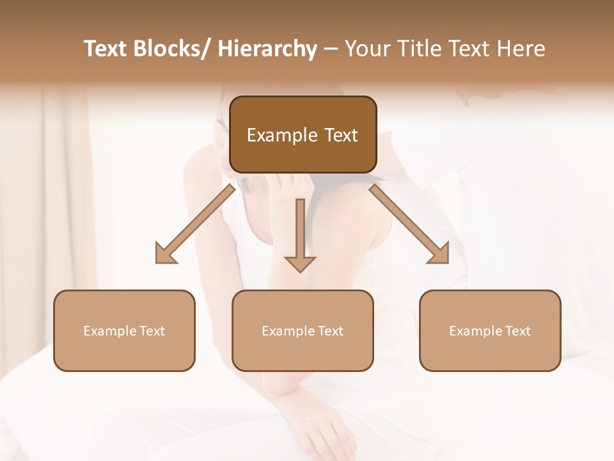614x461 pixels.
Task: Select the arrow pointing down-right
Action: tap(409, 224)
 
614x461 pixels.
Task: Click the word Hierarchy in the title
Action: tap(267, 49)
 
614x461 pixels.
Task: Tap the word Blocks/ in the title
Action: tap(175, 49)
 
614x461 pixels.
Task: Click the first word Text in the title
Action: tap(106, 49)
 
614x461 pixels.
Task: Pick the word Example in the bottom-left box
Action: tap(106, 331)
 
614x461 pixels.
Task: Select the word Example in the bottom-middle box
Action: tap(285, 331)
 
